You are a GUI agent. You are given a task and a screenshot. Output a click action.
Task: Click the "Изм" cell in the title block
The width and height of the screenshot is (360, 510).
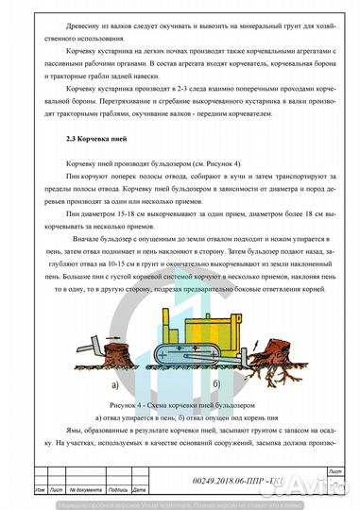(x=40, y=490)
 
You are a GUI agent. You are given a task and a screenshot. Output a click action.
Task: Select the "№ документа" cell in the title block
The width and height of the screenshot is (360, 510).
(x=89, y=490)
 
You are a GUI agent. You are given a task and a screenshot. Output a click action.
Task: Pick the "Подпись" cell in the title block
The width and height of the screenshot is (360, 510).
(x=118, y=490)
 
